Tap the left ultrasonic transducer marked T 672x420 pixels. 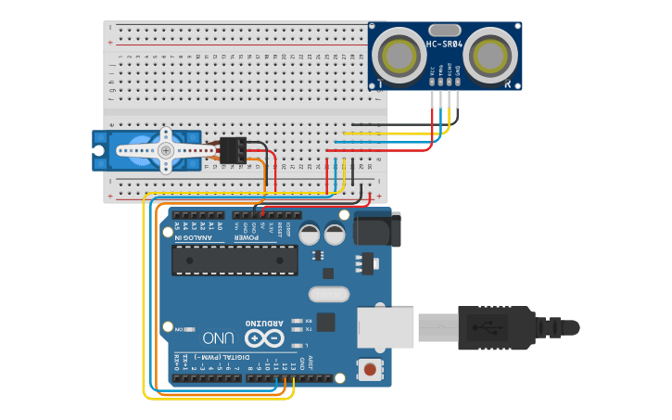pyautogui.click(x=401, y=55)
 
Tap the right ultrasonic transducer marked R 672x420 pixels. pyautogui.click(x=490, y=55)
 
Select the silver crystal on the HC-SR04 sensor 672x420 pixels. pyautogui.click(x=445, y=30)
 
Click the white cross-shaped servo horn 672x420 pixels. pyautogui.click(x=166, y=149)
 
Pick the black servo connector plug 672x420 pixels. pyautogui.click(x=233, y=150)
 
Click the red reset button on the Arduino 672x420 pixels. pyautogui.click(x=370, y=370)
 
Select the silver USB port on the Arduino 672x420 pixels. pyautogui.click(x=386, y=327)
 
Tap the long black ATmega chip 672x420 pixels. pyautogui.click(x=235, y=261)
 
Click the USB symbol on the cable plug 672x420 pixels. pyautogui.click(x=488, y=327)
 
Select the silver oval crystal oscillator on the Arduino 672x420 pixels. pyautogui.click(x=327, y=294)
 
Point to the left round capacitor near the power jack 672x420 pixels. pyautogui.click(x=310, y=234)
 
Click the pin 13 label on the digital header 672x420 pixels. pyautogui.click(x=291, y=366)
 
